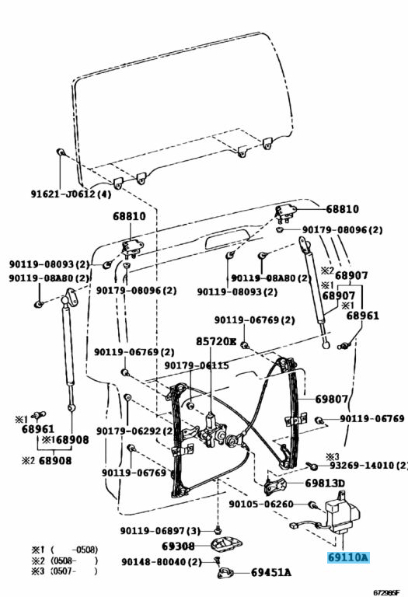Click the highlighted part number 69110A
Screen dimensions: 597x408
347,557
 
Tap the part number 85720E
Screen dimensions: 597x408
212,340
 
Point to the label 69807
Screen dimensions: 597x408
331,400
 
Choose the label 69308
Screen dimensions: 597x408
178,546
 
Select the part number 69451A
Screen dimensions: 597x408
270,574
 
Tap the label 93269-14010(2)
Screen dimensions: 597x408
368,466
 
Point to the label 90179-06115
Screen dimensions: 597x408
197,366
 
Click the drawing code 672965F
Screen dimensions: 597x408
386,592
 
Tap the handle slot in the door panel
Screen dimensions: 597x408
233,239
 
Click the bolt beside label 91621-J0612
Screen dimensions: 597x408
60,152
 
